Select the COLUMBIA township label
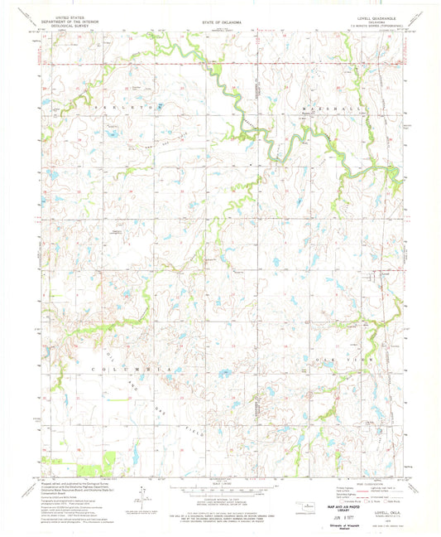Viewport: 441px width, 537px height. point(122,366)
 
